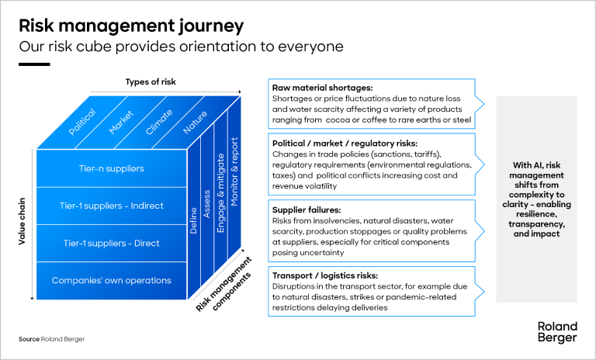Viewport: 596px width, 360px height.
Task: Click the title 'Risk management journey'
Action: click(131, 25)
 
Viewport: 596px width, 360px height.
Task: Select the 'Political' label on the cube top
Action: click(82, 123)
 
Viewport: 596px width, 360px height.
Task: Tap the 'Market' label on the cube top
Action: click(121, 123)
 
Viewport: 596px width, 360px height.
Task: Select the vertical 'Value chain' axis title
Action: click(21, 220)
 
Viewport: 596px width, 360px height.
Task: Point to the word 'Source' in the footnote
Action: click(29, 339)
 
